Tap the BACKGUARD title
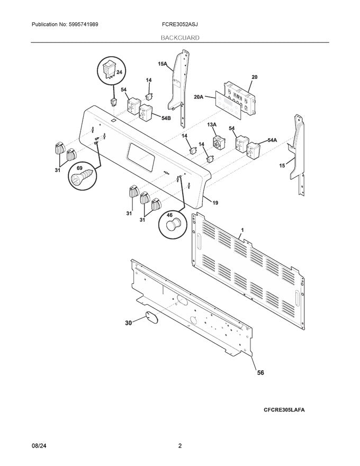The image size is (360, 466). tap(180, 38)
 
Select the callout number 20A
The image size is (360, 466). tap(199, 97)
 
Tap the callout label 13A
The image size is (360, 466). tap(212, 124)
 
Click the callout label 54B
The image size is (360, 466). tap(151, 119)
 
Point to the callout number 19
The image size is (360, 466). tap(215, 202)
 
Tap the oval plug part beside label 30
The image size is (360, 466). tap(151, 318)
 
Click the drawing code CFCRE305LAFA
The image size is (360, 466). tap(284, 410)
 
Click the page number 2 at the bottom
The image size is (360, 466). tap(180, 446)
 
